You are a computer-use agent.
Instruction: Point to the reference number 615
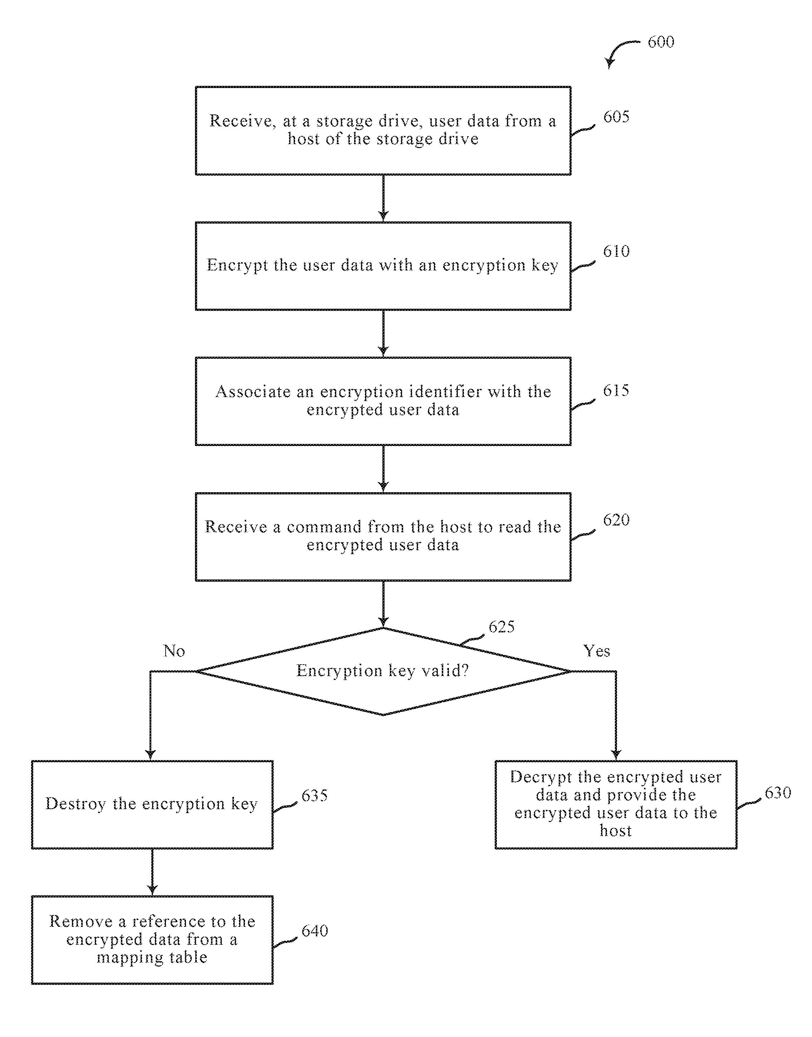point(616,390)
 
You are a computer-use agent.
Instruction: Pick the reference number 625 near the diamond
point(502,627)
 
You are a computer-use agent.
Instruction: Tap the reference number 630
point(778,793)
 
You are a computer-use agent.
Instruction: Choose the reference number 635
point(315,796)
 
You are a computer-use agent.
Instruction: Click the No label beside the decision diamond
point(174,651)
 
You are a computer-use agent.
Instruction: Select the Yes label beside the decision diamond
point(597,651)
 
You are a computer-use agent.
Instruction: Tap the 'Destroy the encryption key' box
point(152,804)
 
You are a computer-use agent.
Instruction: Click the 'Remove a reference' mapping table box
point(152,940)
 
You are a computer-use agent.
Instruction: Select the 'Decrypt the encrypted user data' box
point(616,804)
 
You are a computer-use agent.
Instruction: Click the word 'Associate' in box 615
point(253,391)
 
